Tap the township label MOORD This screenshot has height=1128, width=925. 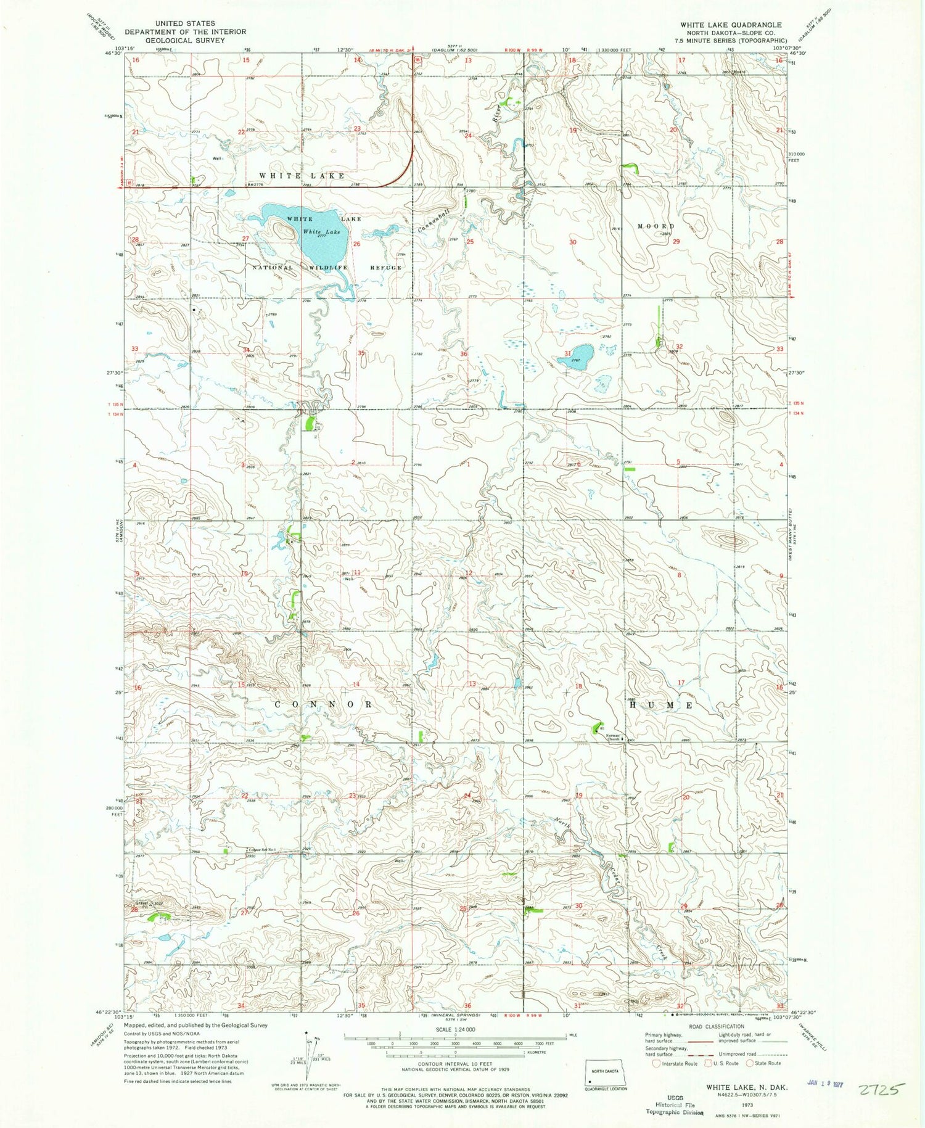pos(656,226)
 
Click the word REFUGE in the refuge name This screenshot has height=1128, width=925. pos(385,268)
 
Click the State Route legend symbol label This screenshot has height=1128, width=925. pos(768,1063)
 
